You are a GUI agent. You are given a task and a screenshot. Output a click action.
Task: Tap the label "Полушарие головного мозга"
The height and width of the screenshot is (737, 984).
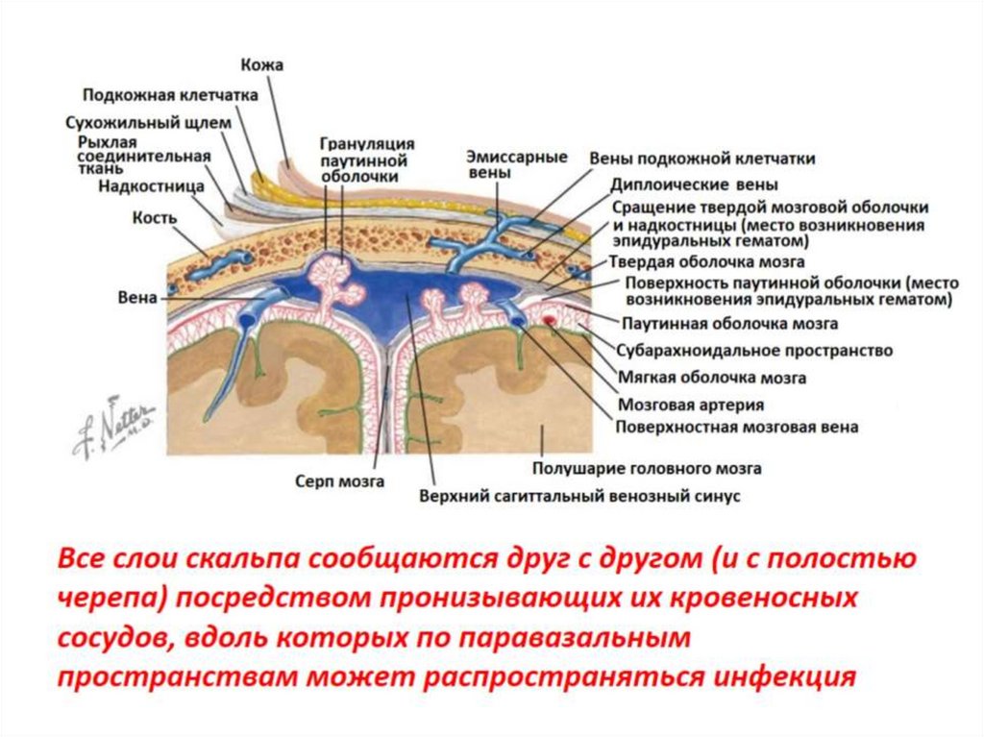click(647, 468)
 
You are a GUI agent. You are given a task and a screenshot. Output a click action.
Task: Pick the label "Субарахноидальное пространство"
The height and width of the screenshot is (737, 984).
click(754, 351)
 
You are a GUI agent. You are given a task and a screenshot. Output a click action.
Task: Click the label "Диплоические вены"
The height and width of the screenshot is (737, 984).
click(694, 184)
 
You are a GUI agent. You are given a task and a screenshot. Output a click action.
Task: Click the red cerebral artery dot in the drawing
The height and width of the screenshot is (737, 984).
click(549, 318)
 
